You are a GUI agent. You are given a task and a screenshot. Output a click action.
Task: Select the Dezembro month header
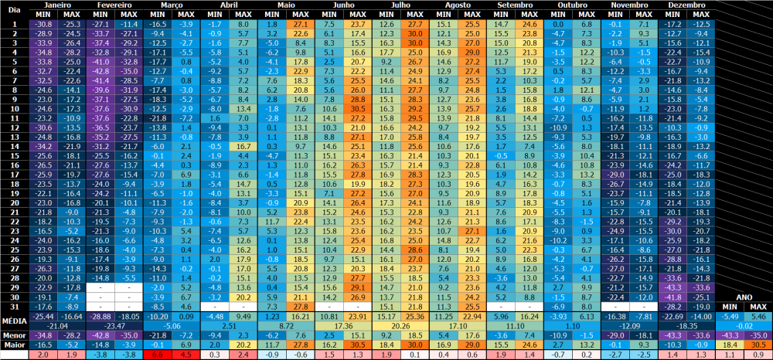click(689, 5)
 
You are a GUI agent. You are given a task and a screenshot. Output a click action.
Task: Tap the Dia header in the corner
click(14, 10)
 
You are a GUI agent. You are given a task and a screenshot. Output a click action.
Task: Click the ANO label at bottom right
click(744, 296)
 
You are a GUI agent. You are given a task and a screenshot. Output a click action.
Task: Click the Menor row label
click(14, 336)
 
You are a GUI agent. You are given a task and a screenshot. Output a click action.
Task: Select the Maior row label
click(14, 345)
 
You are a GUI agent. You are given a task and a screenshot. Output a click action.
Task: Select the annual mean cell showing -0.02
click(744, 326)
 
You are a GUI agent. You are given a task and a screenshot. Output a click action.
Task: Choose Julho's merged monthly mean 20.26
click(400, 326)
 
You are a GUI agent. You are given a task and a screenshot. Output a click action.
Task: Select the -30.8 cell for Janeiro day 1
click(43, 25)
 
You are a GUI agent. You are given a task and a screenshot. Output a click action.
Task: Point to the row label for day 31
click(14, 306)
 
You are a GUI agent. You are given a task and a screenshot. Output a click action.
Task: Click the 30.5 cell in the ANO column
click(758, 345)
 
